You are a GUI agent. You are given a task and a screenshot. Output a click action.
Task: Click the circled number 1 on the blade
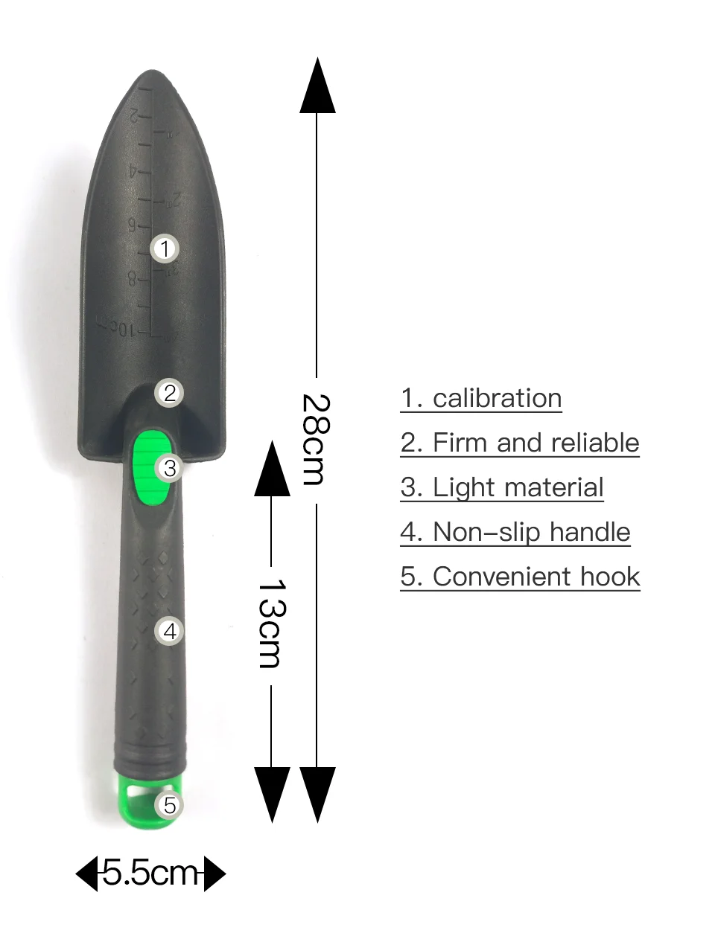pos(165,249)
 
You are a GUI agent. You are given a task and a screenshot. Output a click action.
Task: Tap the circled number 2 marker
pos(170,393)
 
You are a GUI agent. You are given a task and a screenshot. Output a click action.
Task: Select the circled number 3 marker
pos(170,468)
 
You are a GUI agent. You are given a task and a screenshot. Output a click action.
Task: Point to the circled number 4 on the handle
pos(170,632)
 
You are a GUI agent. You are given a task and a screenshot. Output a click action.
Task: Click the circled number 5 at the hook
pos(170,805)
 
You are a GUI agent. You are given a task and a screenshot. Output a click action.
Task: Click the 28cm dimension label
pos(317,440)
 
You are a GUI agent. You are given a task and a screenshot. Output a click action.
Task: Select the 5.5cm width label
pos(150,873)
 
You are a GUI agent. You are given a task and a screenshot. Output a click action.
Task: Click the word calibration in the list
pos(497,398)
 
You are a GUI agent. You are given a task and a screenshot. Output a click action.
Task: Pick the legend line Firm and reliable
pos(520,443)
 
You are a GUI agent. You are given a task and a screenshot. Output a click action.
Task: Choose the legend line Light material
pos(502,487)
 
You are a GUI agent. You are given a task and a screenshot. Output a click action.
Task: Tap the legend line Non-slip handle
pos(515,532)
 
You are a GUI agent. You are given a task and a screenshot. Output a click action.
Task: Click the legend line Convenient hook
pos(520,577)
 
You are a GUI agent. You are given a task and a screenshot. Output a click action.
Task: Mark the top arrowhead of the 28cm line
pos(318,86)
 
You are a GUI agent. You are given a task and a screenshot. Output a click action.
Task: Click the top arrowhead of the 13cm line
pos(272,469)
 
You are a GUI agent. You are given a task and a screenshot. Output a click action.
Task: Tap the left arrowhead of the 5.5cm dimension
pos(86,873)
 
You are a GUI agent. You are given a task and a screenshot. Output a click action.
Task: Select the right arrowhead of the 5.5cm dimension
pos(214,873)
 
